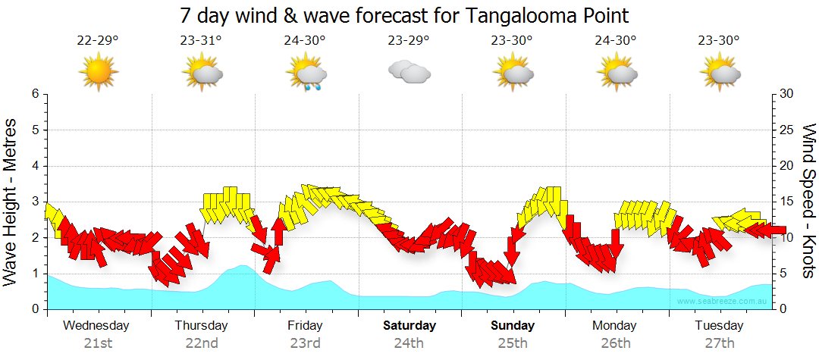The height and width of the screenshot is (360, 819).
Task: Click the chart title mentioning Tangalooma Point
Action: [x=405, y=15]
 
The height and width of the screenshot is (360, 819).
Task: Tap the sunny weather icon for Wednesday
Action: [x=99, y=72]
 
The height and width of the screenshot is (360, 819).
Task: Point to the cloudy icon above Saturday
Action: [x=409, y=72]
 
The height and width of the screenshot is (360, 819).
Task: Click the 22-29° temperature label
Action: [x=98, y=41]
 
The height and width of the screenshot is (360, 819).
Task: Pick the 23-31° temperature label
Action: [x=201, y=41]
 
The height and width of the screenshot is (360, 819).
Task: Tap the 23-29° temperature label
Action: [x=409, y=41]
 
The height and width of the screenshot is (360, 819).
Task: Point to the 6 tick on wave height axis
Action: [x=35, y=94]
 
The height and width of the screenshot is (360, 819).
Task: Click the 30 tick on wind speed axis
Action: [x=787, y=94]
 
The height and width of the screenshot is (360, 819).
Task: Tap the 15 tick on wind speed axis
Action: [x=787, y=202]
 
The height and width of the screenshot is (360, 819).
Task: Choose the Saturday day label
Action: [x=409, y=326]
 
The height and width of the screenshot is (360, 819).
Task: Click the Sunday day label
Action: [x=513, y=326]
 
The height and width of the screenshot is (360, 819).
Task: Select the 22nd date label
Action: [x=202, y=343]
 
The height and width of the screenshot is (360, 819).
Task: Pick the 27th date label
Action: [x=720, y=343]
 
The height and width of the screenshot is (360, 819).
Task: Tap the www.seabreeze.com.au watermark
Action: [x=723, y=302]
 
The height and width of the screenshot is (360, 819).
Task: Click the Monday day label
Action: [x=615, y=326]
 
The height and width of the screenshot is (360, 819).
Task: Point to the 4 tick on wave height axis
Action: [x=35, y=166]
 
